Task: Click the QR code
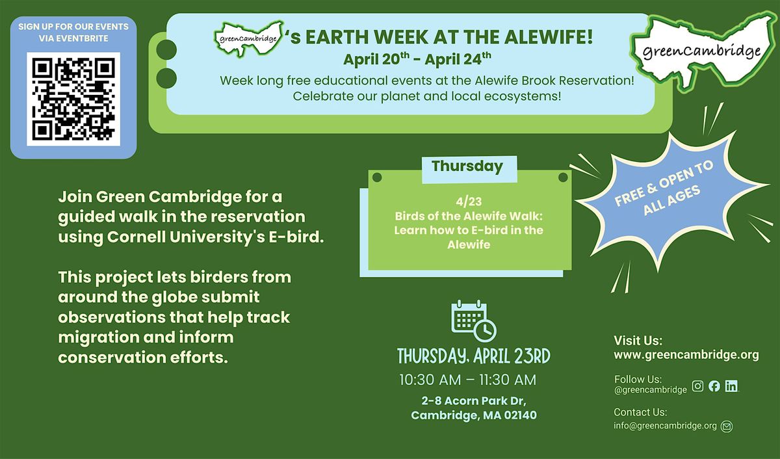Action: pos(73,99)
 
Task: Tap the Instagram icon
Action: pos(697,386)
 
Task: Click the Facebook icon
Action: pos(714,386)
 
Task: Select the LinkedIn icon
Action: pos(731,386)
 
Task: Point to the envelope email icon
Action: pos(727,426)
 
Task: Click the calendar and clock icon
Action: pos(474,321)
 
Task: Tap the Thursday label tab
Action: pos(469,169)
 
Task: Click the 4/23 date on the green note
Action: pos(469,202)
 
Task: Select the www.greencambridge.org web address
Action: pos(686,355)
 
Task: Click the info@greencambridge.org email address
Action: pos(665,426)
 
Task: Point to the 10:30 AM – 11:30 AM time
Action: pos(467,380)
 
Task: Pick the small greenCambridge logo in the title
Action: pos(248,38)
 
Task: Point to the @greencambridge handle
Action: pos(650,389)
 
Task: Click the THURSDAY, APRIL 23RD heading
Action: pos(474,356)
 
